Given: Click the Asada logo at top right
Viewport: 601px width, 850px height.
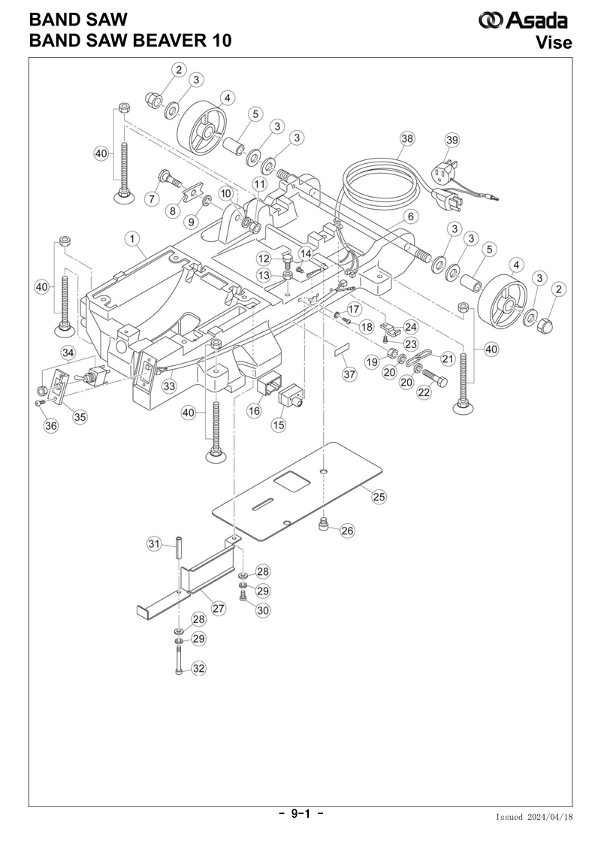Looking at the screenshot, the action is click(523, 20).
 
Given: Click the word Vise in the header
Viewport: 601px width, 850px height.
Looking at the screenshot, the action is click(554, 42).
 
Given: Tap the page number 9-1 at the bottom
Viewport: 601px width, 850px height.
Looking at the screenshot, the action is click(300, 813).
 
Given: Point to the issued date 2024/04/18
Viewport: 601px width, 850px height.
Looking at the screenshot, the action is click(549, 817).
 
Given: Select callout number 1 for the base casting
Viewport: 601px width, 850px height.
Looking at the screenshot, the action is click(131, 238).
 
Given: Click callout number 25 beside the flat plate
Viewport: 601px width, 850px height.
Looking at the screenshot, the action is click(379, 497).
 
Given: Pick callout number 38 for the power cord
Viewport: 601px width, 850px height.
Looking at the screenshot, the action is click(406, 139).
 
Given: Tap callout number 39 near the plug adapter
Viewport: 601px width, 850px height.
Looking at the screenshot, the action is click(452, 140).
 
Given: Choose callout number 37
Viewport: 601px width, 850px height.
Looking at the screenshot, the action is click(349, 374).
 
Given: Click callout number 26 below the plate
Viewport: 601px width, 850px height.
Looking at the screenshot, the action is click(347, 530).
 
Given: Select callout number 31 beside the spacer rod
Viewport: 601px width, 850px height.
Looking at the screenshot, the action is click(155, 543).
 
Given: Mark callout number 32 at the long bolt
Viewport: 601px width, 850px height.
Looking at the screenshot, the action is click(199, 668).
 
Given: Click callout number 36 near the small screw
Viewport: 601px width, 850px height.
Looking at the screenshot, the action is click(50, 425).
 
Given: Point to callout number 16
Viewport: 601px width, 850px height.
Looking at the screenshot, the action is click(254, 411).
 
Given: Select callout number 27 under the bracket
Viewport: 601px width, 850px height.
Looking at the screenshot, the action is click(219, 608).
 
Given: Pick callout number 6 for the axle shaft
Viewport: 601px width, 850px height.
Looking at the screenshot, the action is click(411, 217).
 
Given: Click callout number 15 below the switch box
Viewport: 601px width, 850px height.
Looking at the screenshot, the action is click(279, 425).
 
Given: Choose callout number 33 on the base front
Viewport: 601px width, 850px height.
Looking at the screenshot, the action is click(170, 386).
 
